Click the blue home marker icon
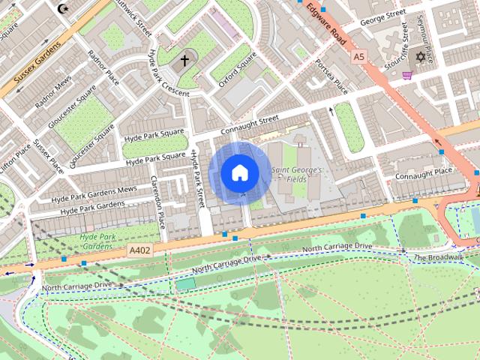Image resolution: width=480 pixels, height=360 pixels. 240,173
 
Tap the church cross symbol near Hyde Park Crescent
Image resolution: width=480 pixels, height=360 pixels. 185,61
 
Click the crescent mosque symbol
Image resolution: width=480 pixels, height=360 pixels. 61,9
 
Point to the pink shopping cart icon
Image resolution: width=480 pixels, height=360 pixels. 407,74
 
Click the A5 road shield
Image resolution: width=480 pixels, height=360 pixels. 358,56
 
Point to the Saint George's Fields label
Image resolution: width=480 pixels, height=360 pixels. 296,175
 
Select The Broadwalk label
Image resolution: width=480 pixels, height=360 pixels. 438,257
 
